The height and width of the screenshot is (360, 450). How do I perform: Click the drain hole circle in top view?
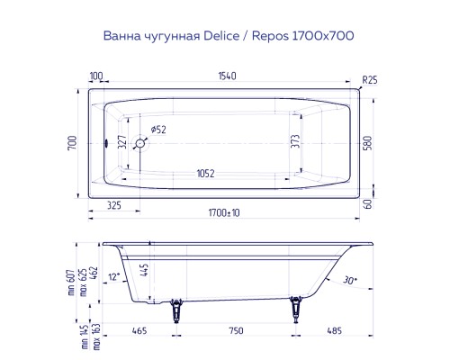(x=140, y=143)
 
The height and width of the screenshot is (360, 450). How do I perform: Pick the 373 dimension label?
(x=307, y=142)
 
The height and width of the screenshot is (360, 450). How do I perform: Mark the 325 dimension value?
(x=114, y=206)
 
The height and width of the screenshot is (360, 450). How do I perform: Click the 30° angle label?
(x=349, y=281)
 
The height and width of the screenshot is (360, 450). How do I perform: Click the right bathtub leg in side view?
(x=294, y=310)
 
